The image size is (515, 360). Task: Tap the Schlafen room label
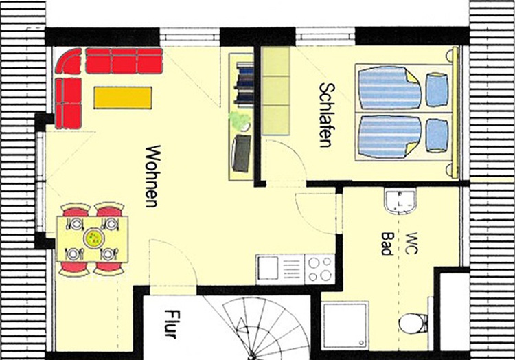327,115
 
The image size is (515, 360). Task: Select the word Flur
172,324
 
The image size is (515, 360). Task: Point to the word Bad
387,244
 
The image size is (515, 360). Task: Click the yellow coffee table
123,98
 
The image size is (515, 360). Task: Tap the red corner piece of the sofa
68,61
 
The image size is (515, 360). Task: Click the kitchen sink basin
268,268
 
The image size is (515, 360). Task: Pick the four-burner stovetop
320,269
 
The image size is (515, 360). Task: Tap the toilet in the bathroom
413,323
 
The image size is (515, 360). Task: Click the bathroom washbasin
400,201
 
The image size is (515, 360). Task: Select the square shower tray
345,326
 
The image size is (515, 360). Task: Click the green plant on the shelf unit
240,120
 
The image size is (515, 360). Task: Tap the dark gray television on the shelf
242,153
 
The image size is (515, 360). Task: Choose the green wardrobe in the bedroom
276,91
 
